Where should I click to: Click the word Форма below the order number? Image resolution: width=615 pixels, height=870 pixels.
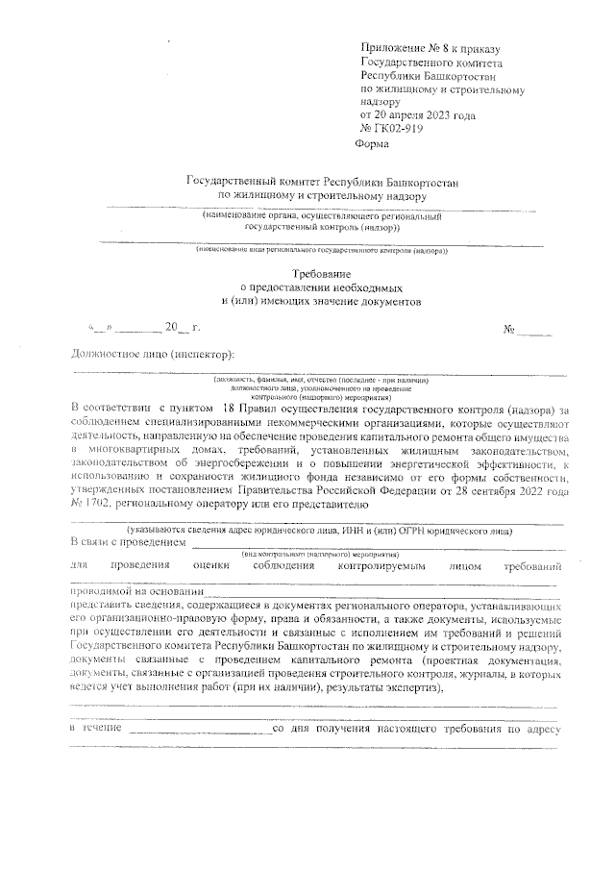click(x=372, y=145)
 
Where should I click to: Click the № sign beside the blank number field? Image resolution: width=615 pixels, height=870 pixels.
click(x=509, y=330)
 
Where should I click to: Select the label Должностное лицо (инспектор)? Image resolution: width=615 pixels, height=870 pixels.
click(x=153, y=354)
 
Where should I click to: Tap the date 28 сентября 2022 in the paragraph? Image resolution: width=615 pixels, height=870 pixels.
click(x=473, y=489)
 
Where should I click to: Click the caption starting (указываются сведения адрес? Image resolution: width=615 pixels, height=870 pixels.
click(x=320, y=530)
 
